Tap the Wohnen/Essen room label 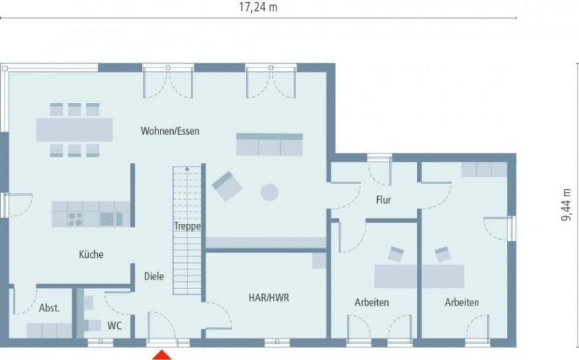(x=170, y=131)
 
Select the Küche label (x=91, y=254)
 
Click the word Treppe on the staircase (x=187, y=226)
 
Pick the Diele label (x=153, y=276)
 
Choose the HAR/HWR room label (x=269, y=297)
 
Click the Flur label (x=384, y=199)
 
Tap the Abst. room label (x=49, y=307)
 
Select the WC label (x=114, y=325)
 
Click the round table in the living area (x=269, y=192)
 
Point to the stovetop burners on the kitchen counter (x=75, y=218)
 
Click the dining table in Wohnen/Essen (x=75, y=130)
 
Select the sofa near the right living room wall (x=269, y=144)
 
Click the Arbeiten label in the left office (x=372, y=302)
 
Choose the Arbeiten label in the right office (x=462, y=302)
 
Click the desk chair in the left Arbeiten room (x=396, y=254)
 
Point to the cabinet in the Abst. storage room (x=49, y=330)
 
